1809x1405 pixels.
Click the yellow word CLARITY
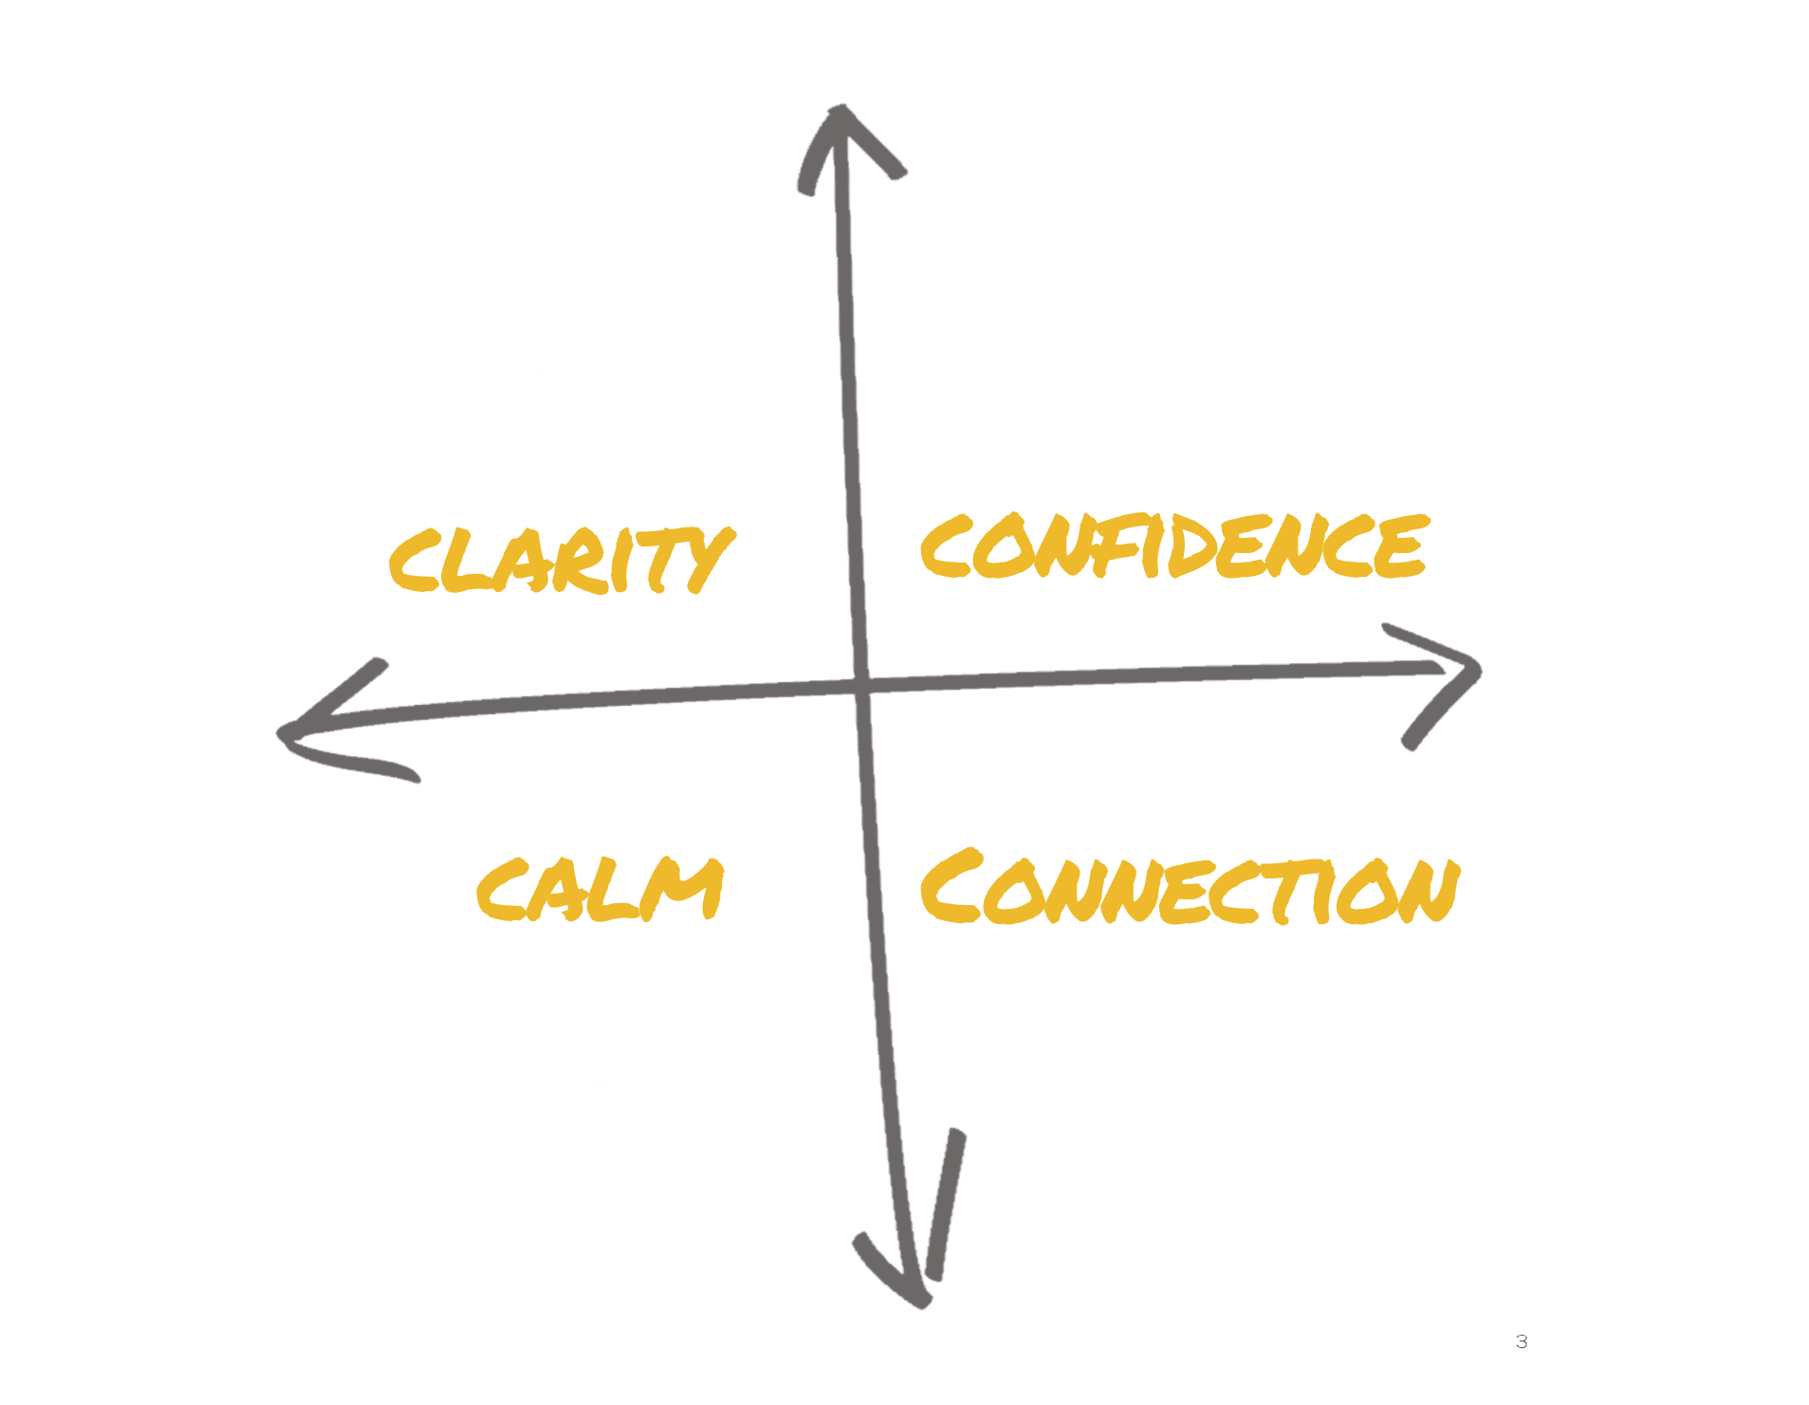coord(560,560)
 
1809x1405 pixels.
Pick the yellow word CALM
coord(600,889)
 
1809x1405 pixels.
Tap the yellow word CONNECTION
coord(1189,889)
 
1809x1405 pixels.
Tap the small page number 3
coord(1522,1341)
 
